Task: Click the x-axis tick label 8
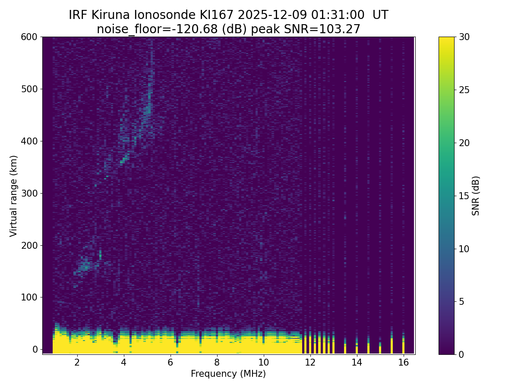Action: (x=217, y=362)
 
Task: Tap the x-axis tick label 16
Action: (x=403, y=362)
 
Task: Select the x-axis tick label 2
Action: (x=77, y=362)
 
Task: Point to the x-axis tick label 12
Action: (x=310, y=362)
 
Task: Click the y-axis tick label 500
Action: (x=29, y=89)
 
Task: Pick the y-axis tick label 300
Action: (x=29, y=193)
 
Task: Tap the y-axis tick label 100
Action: (x=29, y=297)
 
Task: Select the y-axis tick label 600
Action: (x=29, y=37)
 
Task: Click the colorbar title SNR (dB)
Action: (x=476, y=196)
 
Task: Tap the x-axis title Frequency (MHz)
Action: (x=228, y=374)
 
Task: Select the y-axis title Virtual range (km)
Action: (x=14, y=196)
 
